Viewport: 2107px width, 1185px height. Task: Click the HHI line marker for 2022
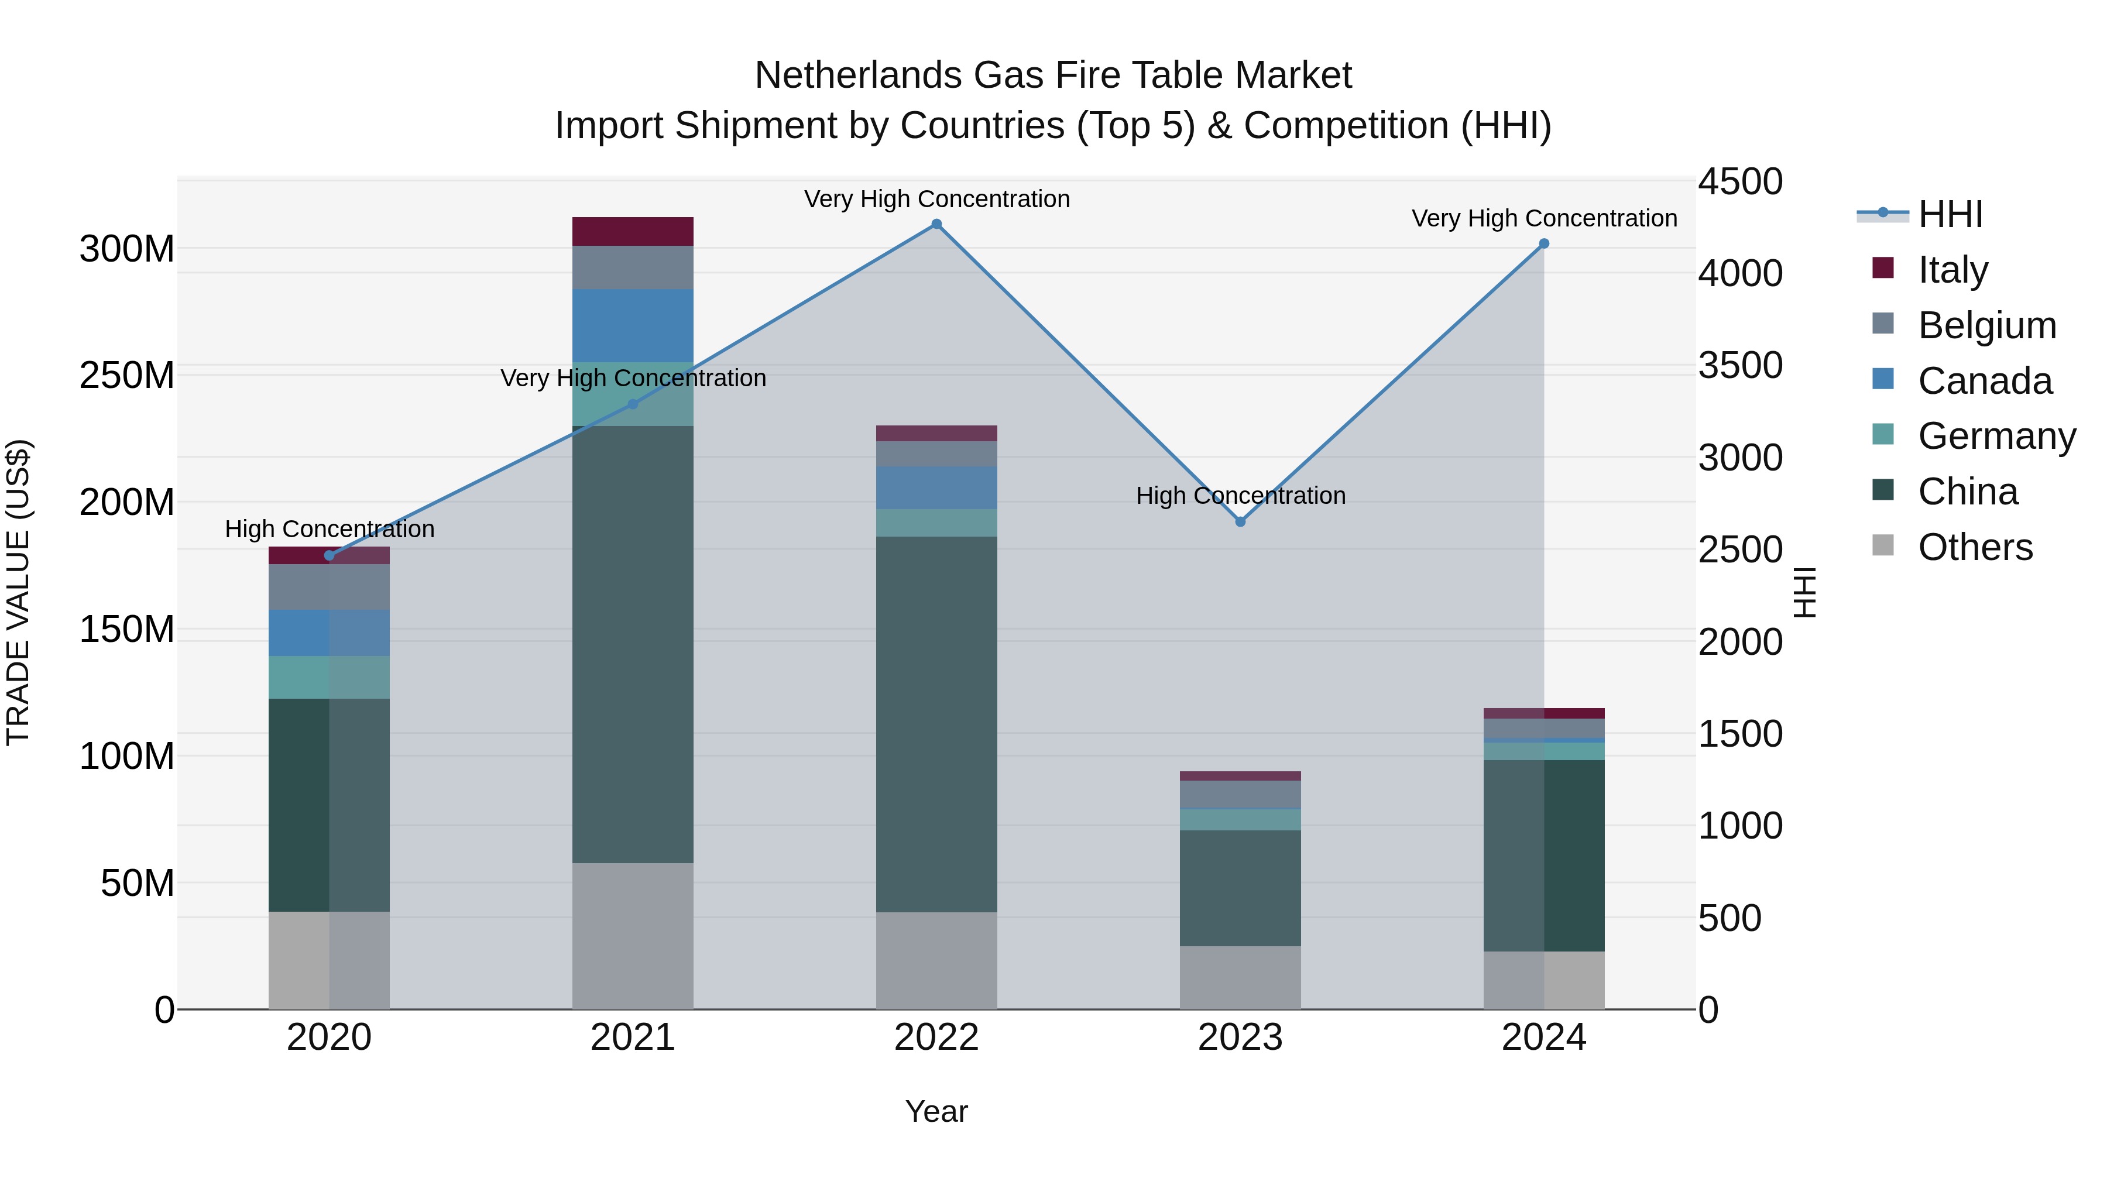[x=936, y=224]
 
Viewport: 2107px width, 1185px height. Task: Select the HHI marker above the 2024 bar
[x=1543, y=243]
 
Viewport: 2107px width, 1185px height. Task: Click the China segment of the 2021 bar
[x=632, y=644]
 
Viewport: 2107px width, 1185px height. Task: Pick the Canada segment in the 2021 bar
[x=632, y=325]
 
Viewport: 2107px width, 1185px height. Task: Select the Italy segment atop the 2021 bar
[x=632, y=231]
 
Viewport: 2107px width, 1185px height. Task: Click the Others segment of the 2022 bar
[x=936, y=960]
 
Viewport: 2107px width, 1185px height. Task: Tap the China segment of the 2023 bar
[x=1240, y=888]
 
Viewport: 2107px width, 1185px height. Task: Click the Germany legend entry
[x=1996, y=436]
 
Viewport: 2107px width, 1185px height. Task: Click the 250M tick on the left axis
[x=127, y=375]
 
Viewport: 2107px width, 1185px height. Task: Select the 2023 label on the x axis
[x=1240, y=1038]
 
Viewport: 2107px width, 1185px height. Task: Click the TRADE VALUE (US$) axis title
[x=19, y=592]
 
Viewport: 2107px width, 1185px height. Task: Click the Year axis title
[x=936, y=1111]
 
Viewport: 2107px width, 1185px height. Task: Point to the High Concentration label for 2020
[x=330, y=529]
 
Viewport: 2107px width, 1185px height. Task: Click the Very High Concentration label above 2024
[x=1543, y=218]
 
